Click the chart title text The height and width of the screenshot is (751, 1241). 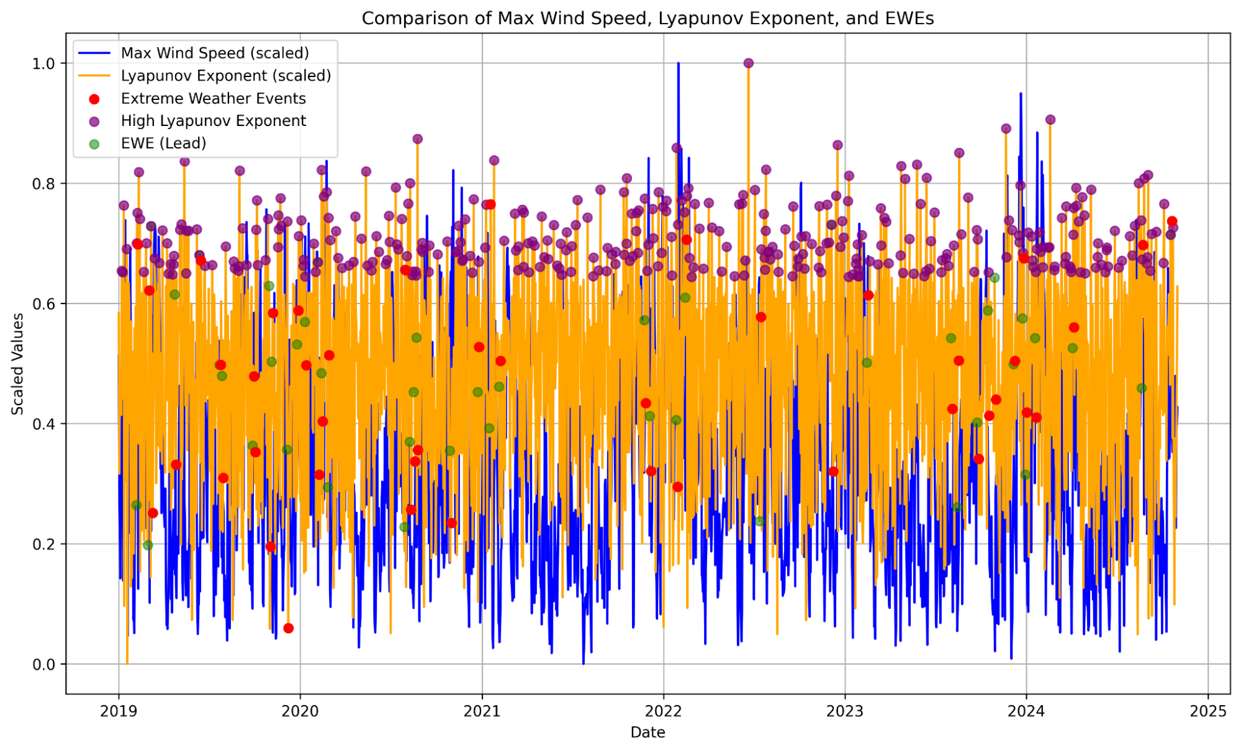(x=648, y=19)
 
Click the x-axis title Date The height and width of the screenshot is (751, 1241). (x=648, y=732)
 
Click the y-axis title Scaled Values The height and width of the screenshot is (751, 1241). (x=18, y=364)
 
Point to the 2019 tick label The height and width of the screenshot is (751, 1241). (x=119, y=711)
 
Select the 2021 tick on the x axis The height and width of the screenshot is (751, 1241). (x=482, y=711)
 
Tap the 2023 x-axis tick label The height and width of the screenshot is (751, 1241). (x=845, y=711)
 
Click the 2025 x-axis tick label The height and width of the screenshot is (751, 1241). (x=1208, y=711)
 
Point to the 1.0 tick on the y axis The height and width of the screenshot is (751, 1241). (x=43, y=63)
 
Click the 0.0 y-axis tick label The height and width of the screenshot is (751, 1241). (x=43, y=664)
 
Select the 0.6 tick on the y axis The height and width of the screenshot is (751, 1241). (x=43, y=304)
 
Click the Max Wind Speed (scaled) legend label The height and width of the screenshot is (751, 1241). (x=215, y=53)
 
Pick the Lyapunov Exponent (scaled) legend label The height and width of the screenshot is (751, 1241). (x=226, y=76)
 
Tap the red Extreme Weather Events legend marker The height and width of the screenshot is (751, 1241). (x=94, y=99)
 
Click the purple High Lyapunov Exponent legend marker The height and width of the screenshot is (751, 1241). (x=94, y=121)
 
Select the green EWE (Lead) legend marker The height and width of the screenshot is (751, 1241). (x=94, y=144)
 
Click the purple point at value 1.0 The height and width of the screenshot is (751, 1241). (x=749, y=63)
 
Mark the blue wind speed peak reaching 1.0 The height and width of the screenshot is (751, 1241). (x=679, y=64)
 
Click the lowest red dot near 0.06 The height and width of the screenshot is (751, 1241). (x=288, y=628)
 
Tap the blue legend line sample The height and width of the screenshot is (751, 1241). (x=94, y=53)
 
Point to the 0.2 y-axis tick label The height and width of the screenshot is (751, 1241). (x=43, y=544)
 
